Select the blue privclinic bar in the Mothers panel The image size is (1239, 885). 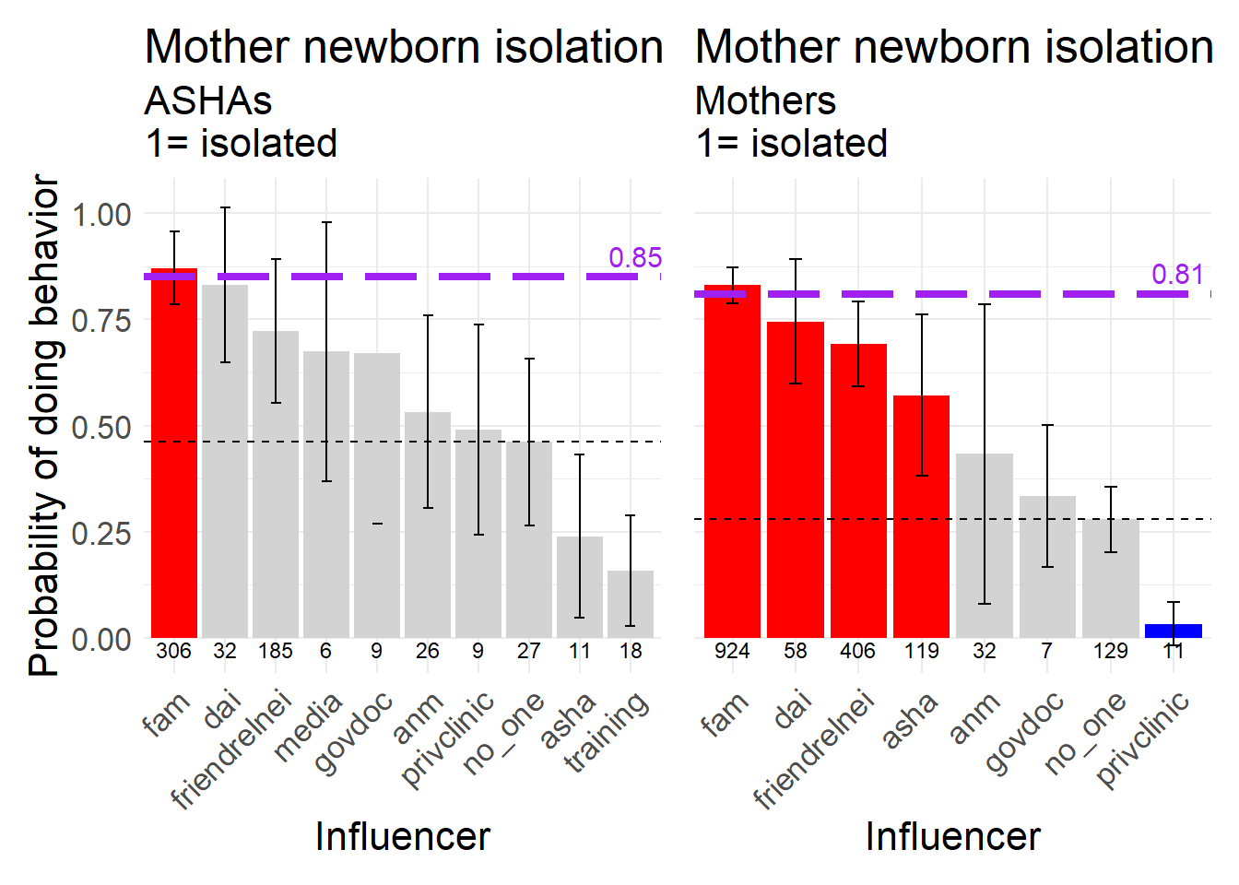[1173, 631]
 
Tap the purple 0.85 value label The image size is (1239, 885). [635, 258]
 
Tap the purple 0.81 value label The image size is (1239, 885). [1177, 275]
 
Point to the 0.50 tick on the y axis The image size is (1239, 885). [101, 428]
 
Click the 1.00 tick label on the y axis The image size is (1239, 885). [101, 215]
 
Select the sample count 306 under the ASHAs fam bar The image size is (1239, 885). [174, 651]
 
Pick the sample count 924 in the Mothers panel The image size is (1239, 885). [732, 651]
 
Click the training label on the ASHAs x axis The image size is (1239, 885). [608, 733]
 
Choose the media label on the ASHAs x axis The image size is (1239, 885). [310, 728]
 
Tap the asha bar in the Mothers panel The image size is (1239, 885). [921, 516]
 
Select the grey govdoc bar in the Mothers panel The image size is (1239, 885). [1047, 567]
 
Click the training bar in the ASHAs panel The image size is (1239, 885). [631, 604]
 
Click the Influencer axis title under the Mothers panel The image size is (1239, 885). [952, 836]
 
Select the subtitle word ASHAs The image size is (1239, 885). [208, 100]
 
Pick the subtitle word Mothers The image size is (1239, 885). [765, 100]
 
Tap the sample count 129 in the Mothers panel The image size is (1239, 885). [1110, 651]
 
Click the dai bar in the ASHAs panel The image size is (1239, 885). [225, 461]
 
